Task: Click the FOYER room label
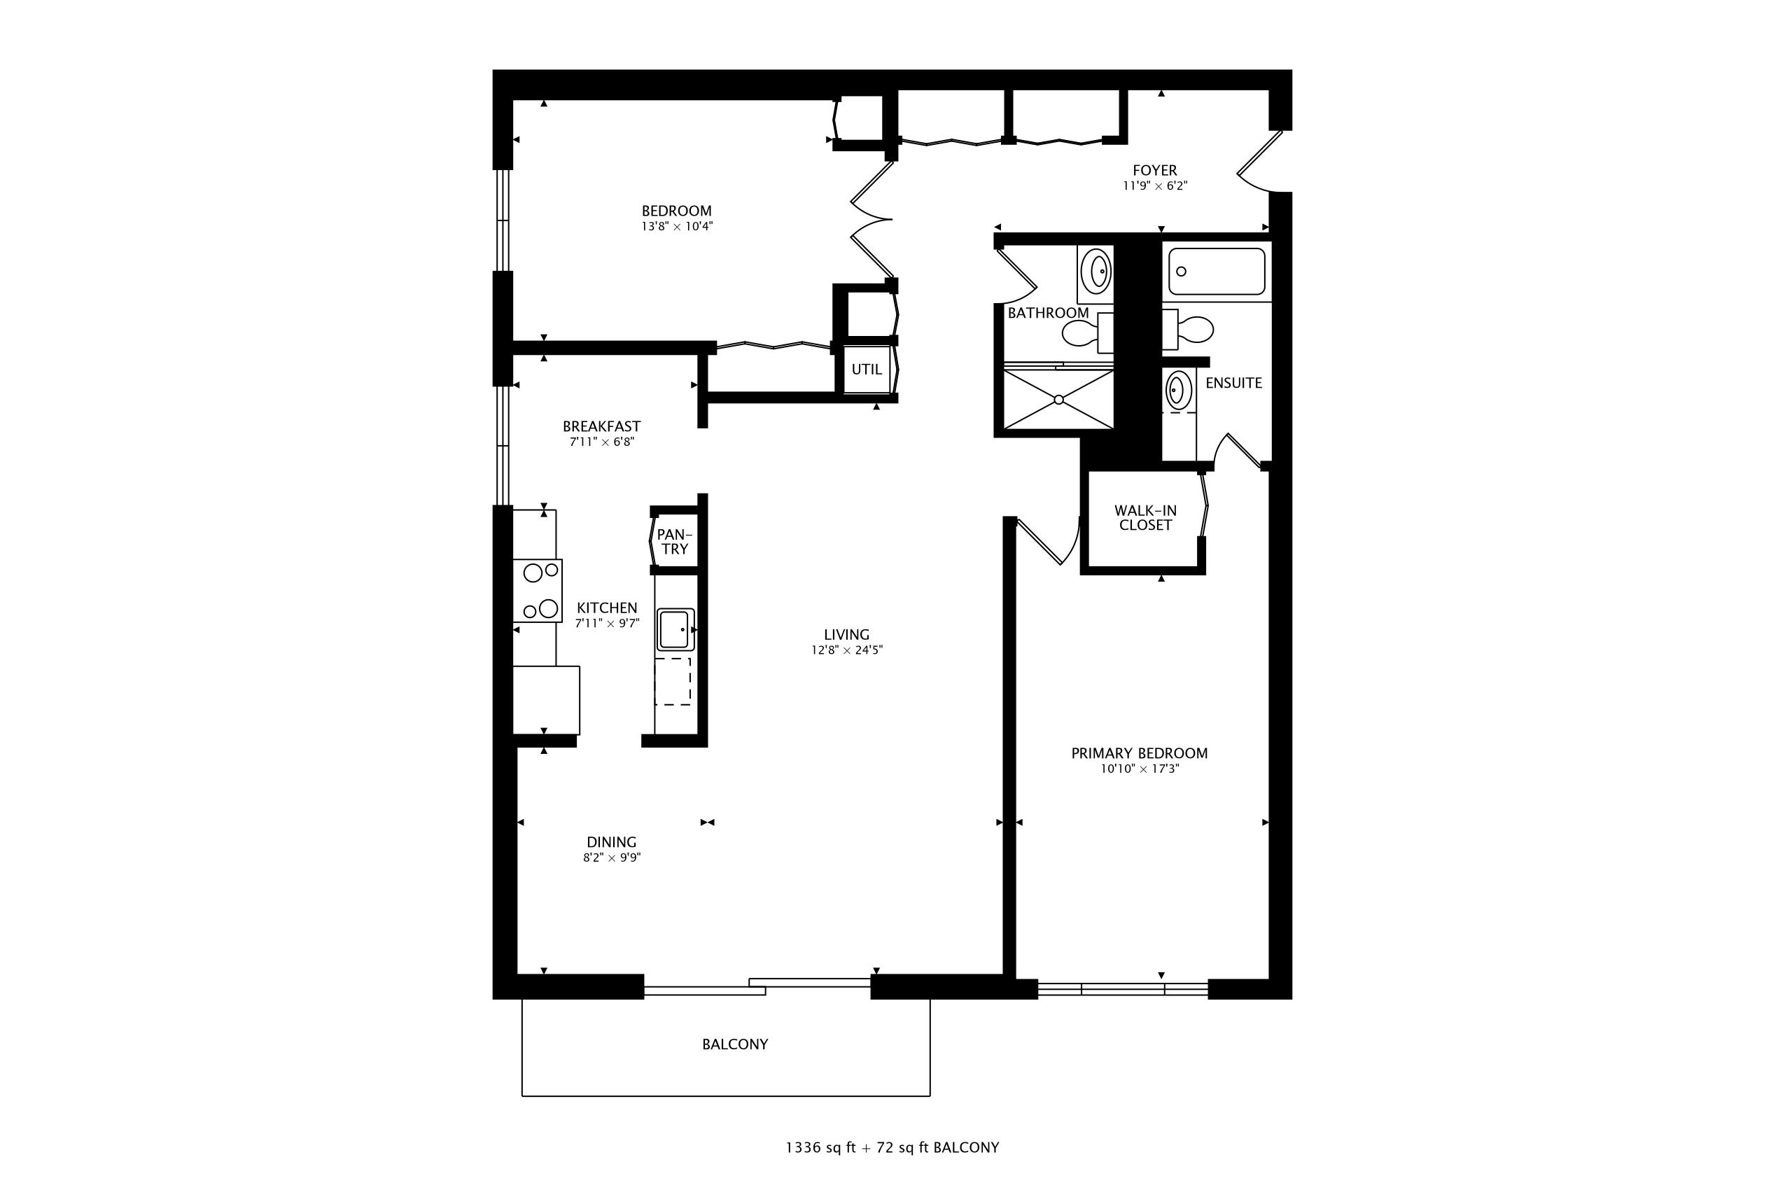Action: coord(1154,171)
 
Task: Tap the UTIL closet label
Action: coord(866,370)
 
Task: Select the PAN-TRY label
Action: coord(674,542)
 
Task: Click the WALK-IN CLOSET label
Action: coord(1145,517)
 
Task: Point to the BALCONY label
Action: coord(734,1044)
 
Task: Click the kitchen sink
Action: coord(675,629)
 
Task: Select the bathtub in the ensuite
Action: coord(1216,271)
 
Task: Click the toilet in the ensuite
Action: coord(1191,330)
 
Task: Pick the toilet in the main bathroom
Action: coord(1081,332)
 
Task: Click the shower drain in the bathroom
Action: coord(1058,399)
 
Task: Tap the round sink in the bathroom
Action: coord(1096,270)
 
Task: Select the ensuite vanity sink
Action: coord(1175,389)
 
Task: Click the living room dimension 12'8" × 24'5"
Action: coord(846,650)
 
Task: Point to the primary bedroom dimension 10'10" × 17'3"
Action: coord(1139,769)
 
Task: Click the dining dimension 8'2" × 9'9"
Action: coord(612,857)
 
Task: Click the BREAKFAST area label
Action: coord(601,426)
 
